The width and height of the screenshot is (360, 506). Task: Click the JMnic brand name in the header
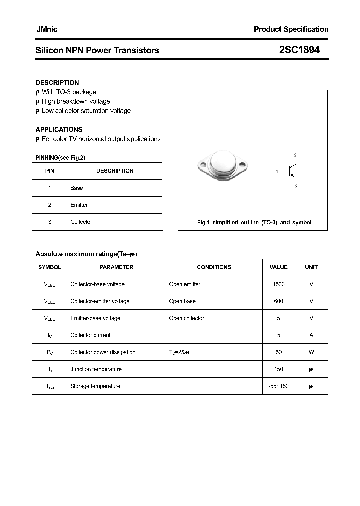(x=47, y=29)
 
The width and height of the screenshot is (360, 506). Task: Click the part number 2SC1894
(x=300, y=50)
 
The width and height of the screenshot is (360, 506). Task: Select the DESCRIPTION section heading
(x=57, y=83)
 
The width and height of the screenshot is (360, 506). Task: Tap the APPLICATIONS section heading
(x=59, y=129)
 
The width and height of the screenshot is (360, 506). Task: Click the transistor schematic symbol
(x=291, y=171)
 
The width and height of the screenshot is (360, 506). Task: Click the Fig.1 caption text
(x=254, y=222)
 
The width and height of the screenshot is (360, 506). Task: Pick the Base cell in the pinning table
(x=77, y=188)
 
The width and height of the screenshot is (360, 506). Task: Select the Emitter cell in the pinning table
(x=79, y=205)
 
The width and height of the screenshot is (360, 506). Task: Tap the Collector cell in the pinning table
(x=81, y=222)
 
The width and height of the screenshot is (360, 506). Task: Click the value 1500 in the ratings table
(x=279, y=284)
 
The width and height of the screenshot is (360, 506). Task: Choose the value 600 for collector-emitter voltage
(x=279, y=301)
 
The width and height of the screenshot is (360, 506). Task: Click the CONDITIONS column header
(x=214, y=267)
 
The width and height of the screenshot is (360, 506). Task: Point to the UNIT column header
(x=311, y=267)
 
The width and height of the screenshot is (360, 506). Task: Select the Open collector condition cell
(x=187, y=318)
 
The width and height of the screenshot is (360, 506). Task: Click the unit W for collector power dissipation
(x=311, y=352)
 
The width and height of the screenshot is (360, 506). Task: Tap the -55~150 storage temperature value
(x=279, y=386)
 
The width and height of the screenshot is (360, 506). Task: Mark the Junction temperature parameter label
(x=96, y=369)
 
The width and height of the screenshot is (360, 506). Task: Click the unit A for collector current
(x=311, y=335)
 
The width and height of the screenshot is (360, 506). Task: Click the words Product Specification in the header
(x=291, y=29)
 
